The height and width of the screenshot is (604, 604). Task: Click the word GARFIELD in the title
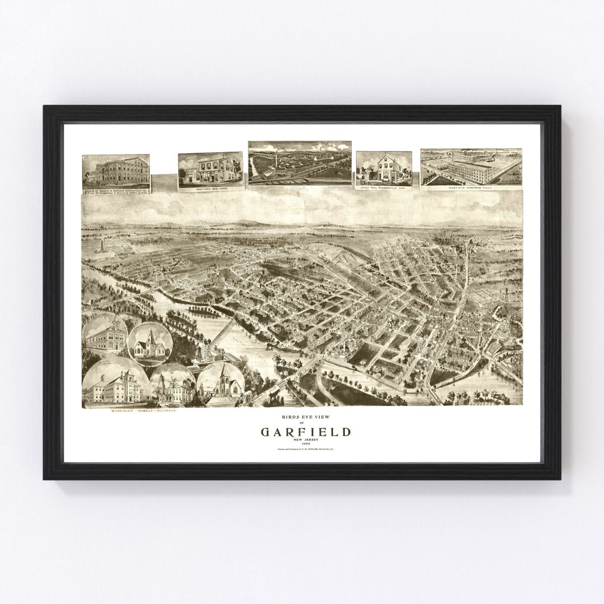[x=305, y=432]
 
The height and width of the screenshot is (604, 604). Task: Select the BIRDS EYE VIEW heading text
[x=305, y=418]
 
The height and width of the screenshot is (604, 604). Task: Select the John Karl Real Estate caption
[x=210, y=189]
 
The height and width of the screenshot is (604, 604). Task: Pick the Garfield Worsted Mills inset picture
[x=471, y=166]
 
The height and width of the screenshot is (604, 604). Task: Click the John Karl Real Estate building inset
[x=210, y=169]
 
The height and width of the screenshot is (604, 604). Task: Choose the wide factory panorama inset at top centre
[x=300, y=162]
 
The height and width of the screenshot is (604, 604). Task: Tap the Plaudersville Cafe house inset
[x=384, y=167]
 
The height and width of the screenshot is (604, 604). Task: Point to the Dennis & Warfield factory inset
[x=116, y=171]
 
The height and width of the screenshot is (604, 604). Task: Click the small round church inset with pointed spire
[x=149, y=342]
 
